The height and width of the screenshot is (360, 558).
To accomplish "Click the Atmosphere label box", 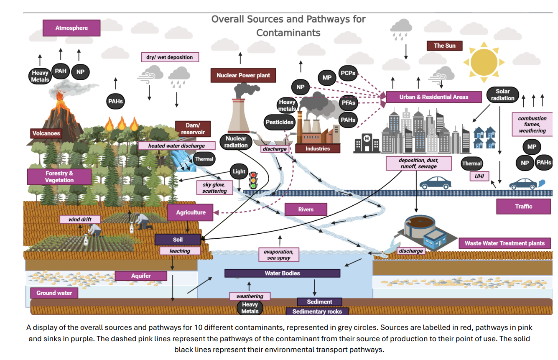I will pos(71,28).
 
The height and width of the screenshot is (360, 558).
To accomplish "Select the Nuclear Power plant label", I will pos(243,76).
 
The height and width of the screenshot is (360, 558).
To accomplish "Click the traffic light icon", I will pos(253,180).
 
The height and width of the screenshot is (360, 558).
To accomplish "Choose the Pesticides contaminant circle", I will pos(279,123).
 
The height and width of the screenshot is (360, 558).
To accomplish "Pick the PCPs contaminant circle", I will pos(348,73).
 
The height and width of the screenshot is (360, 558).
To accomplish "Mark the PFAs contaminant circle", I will pos(348,102).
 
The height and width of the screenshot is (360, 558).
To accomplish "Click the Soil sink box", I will pos(178,240).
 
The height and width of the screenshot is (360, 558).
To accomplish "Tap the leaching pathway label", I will pos(180,251).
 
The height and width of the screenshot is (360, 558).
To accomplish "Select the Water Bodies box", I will pos(282,273).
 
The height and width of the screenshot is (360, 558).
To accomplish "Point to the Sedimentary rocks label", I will pos(317,311).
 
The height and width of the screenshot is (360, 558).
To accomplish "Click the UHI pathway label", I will pos(479,176).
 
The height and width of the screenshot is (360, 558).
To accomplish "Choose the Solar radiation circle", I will pos(502,95).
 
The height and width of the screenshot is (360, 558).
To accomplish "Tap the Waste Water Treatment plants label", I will pos(504,243).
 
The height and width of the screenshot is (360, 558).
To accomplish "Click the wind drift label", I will pos(80,219).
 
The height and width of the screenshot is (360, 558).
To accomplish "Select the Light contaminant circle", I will pos(239,171).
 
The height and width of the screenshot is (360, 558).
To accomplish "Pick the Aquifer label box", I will pos(141,276).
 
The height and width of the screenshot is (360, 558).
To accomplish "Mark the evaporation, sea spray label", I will pos(278,255).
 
